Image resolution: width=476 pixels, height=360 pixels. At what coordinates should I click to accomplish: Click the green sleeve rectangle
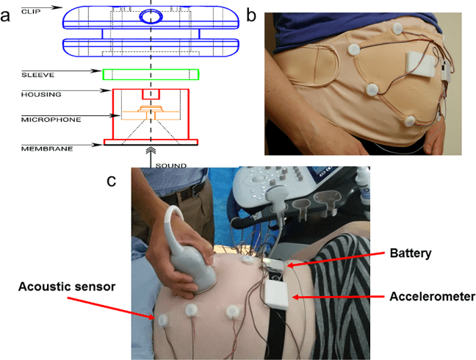pyautogui.click(x=151, y=74)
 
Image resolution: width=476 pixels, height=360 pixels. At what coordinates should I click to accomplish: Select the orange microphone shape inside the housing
pyautogui.click(x=151, y=113)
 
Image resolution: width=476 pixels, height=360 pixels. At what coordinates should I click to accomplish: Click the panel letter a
pyautogui.click(x=7, y=16)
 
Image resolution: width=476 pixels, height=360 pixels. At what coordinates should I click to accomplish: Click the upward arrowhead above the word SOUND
pyautogui.click(x=151, y=152)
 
